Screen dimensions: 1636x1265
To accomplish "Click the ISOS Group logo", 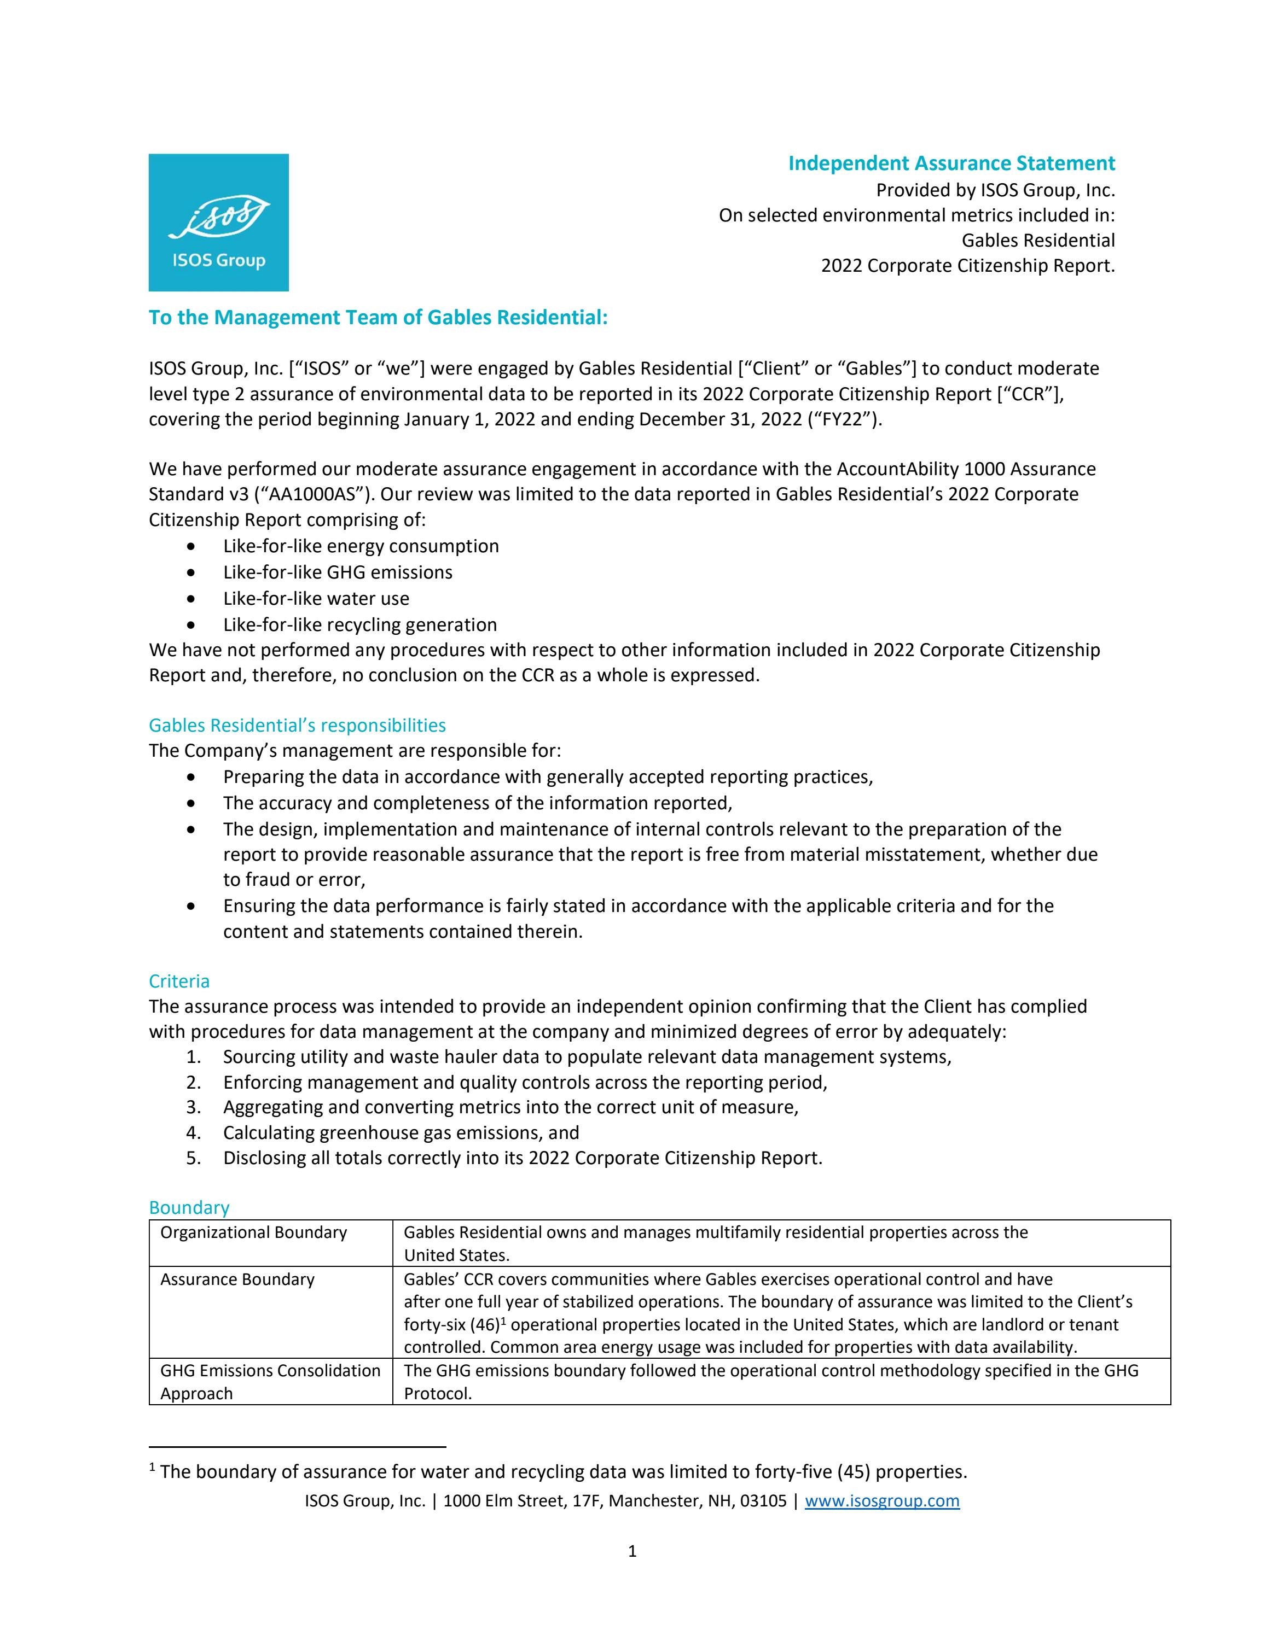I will pyautogui.click(x=218, y=223).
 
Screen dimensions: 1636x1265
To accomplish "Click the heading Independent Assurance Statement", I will pyautogui.click(x=951, y=163).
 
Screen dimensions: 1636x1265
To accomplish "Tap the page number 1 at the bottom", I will pyautogui.click(x=632, y=1551).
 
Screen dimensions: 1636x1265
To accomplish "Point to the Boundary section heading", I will pyautogui.click(x=189, y=1207).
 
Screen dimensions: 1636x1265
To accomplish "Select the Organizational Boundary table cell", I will pyautogui.click(x=253, y=1232).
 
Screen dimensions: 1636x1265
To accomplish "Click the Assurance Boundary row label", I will pyautogui.click(x=237, y=1279).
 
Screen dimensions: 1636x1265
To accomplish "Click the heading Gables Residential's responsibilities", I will pyautogui.click(x=297, y=725).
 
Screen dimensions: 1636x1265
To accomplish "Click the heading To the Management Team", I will pyautogui.click(x=378, y=318).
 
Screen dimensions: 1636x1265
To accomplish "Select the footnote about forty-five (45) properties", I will pyautogui.click(x=562, y=1471).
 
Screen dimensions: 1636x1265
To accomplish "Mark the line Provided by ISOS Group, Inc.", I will pyautogui.click(x=995, y=190).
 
